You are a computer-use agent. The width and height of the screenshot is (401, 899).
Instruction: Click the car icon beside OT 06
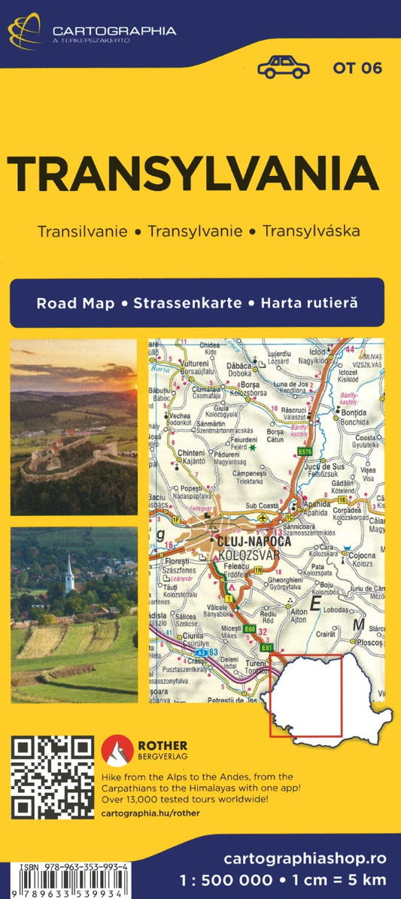(283, 67)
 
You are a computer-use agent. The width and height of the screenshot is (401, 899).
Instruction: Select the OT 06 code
(357, 68)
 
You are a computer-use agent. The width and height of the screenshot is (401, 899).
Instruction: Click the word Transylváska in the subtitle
(311, 229)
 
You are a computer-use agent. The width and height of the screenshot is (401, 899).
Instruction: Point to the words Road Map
(75, 303)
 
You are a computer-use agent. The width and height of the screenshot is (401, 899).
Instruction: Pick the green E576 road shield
(304, 451)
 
